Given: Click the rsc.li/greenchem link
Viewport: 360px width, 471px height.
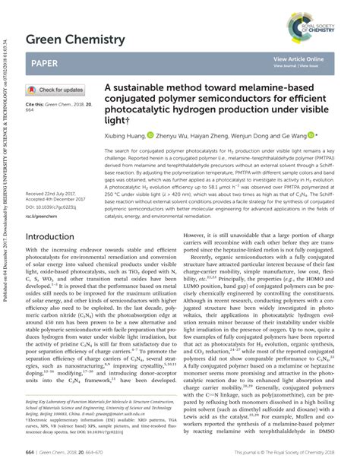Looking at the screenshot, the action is click(43, 217).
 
